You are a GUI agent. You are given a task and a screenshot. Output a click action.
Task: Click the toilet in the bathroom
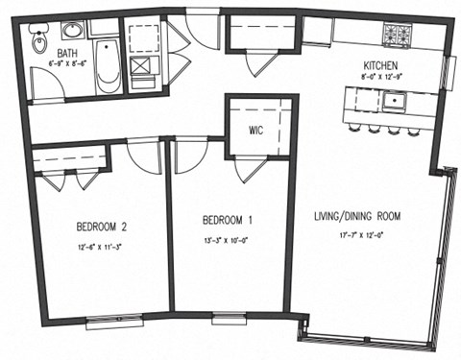[38, 40]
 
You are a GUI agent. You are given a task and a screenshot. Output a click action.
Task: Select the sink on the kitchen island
[395, 98]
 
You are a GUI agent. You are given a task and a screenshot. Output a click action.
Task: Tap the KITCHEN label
[382, 60]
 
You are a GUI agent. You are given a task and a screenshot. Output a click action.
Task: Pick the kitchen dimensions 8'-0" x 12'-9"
[382, 75]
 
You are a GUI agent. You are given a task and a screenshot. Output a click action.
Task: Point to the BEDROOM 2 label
[104, 228]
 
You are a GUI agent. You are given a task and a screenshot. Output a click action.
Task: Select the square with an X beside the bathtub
[140, 66]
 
